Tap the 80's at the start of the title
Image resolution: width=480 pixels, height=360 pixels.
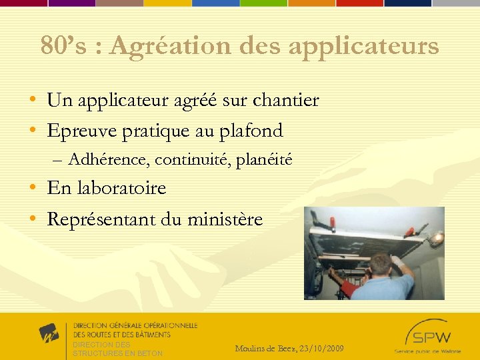[57, 46]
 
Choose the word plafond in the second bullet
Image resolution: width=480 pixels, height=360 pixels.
[251, 131]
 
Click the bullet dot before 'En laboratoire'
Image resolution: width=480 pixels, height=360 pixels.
[33, 189]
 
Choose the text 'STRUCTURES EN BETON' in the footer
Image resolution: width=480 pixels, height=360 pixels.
[117, 353]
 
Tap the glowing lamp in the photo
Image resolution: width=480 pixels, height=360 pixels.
[436, 238]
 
